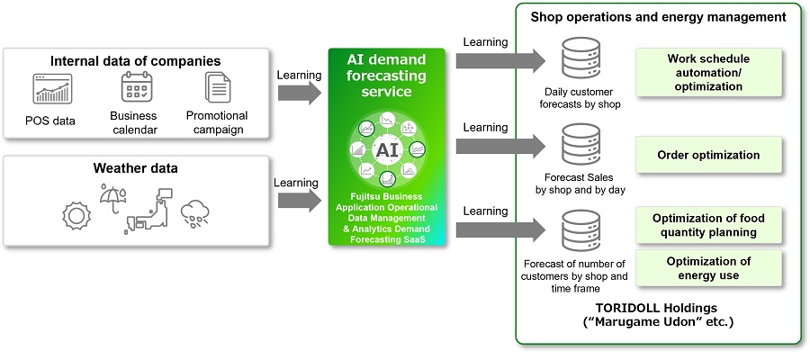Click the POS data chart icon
point(52,90)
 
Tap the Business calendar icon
point(139,88)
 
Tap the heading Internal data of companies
point(136,61)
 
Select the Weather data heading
point(136,168)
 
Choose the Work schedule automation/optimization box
point(708,73)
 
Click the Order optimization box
point(708,155)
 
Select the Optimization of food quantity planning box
point(708,226)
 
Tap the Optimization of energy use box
point(708,268)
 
